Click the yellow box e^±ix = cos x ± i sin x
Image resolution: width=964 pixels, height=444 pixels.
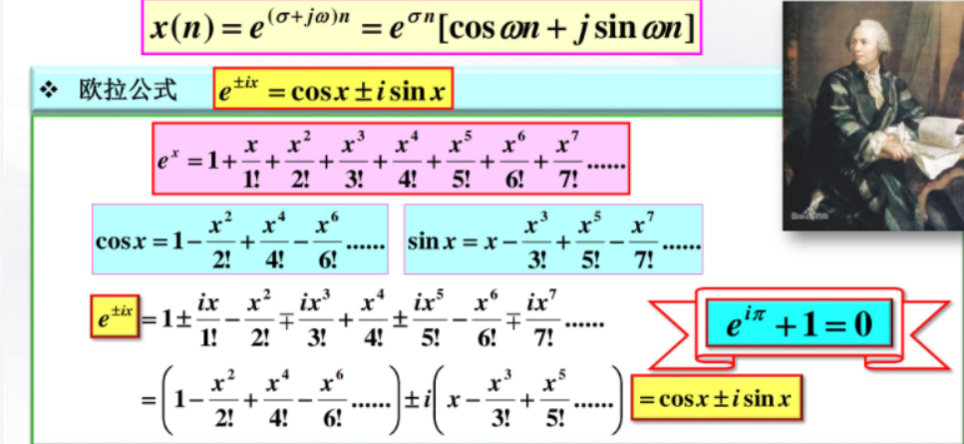tap(333, 92)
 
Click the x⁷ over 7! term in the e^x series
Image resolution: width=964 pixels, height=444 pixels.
tap(566, 159)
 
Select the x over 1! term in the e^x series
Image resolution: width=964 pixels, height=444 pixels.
tap(250, 159)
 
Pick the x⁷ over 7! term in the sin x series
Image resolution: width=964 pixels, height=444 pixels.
tap(642, 240)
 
